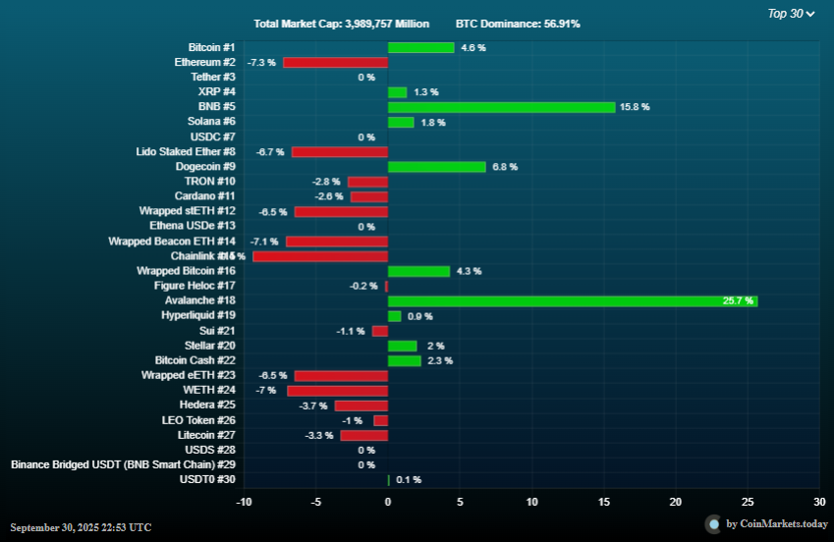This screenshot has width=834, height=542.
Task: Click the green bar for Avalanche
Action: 572,301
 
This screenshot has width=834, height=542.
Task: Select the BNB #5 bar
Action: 501,107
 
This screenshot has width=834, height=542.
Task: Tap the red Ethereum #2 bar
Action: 335,62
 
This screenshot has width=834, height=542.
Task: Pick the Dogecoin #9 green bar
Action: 436,167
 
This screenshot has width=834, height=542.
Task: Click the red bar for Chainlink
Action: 320,256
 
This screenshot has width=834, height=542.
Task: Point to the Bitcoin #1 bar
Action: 420,47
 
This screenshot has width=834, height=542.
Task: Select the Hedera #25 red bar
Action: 361,406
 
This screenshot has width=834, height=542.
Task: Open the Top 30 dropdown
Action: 791,14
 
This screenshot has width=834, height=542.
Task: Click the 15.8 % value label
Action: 635,107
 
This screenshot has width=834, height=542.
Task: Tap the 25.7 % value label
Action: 738,301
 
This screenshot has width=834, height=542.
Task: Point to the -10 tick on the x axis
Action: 244,502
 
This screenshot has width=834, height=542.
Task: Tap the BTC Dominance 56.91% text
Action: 518,23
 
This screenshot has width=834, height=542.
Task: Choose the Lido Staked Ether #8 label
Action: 186,152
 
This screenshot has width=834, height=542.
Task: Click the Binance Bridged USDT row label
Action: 123,464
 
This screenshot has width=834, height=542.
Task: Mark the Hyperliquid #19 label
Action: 198,316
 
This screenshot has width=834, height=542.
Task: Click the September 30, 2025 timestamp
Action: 82,527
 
